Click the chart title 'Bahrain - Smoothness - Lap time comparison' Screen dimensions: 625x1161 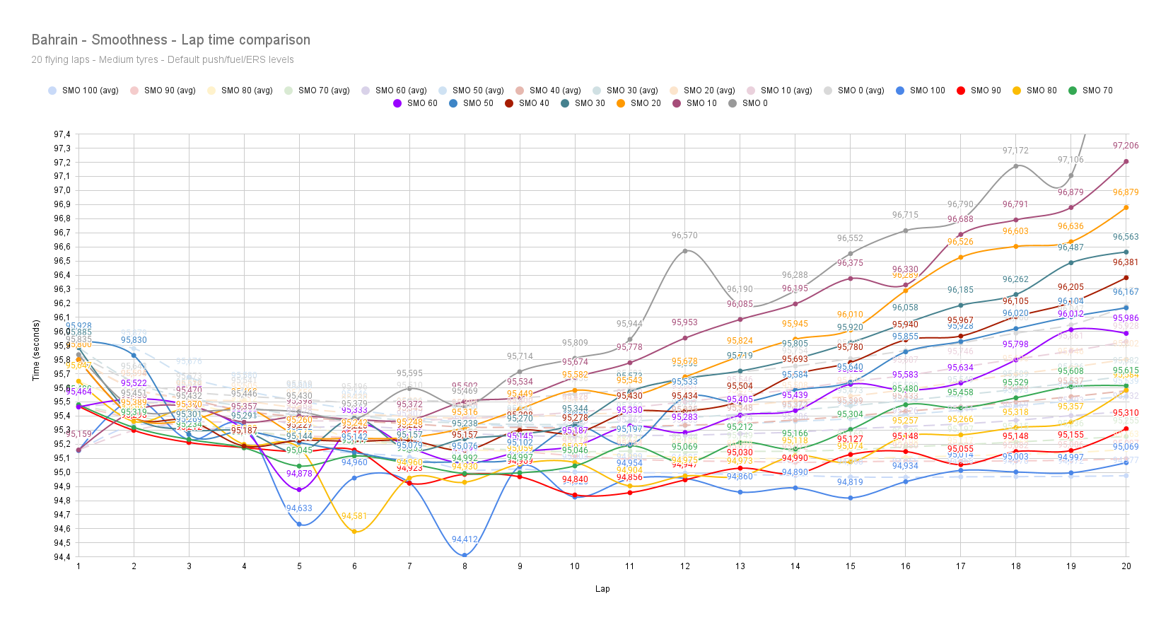coord(170,40)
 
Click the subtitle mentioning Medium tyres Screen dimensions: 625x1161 coord(162,60)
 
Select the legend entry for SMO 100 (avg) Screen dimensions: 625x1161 coord(83,90)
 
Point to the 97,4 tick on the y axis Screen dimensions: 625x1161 coord(62,134)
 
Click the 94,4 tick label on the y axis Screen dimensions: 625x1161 coord(62,557)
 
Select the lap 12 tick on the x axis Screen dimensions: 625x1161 coord(684,566)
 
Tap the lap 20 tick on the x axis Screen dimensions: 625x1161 coord(1126,566)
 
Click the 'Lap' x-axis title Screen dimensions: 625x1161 coord(602,589)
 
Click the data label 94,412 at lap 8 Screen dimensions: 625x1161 coord(465,539)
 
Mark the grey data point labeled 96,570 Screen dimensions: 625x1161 coord(684,251)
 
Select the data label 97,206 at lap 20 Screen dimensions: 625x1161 coord(1126,146)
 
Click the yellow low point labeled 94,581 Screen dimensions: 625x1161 coord(354,532)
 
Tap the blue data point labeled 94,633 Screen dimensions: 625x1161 coord(299,525)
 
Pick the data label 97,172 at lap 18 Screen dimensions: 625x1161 coord(1015,151)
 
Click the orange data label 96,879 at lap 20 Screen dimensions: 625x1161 coord(1126,192)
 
